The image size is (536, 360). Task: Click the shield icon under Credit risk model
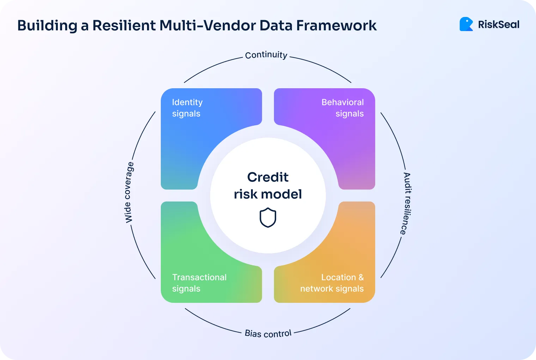click(268, 217)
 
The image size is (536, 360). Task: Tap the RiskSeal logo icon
click(466, 24)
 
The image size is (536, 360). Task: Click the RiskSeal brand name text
click(499, 25)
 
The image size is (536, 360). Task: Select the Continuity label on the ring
click(266, 55)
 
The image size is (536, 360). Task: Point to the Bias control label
click(268, 334)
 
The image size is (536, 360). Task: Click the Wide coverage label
click(129, 192)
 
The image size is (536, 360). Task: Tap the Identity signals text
click(187, 108)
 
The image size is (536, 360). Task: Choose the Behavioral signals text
click(342, 108)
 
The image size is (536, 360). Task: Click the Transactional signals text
click(199, 283)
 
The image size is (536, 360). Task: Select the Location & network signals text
click(332, 283)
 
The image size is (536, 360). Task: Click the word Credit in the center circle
click(268, 177)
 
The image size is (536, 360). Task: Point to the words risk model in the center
click(268, 194)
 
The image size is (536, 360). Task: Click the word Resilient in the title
click(124, 25)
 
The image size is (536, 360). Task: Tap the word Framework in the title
click(336, 25)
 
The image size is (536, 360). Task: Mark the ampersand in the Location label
click(361, 277)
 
